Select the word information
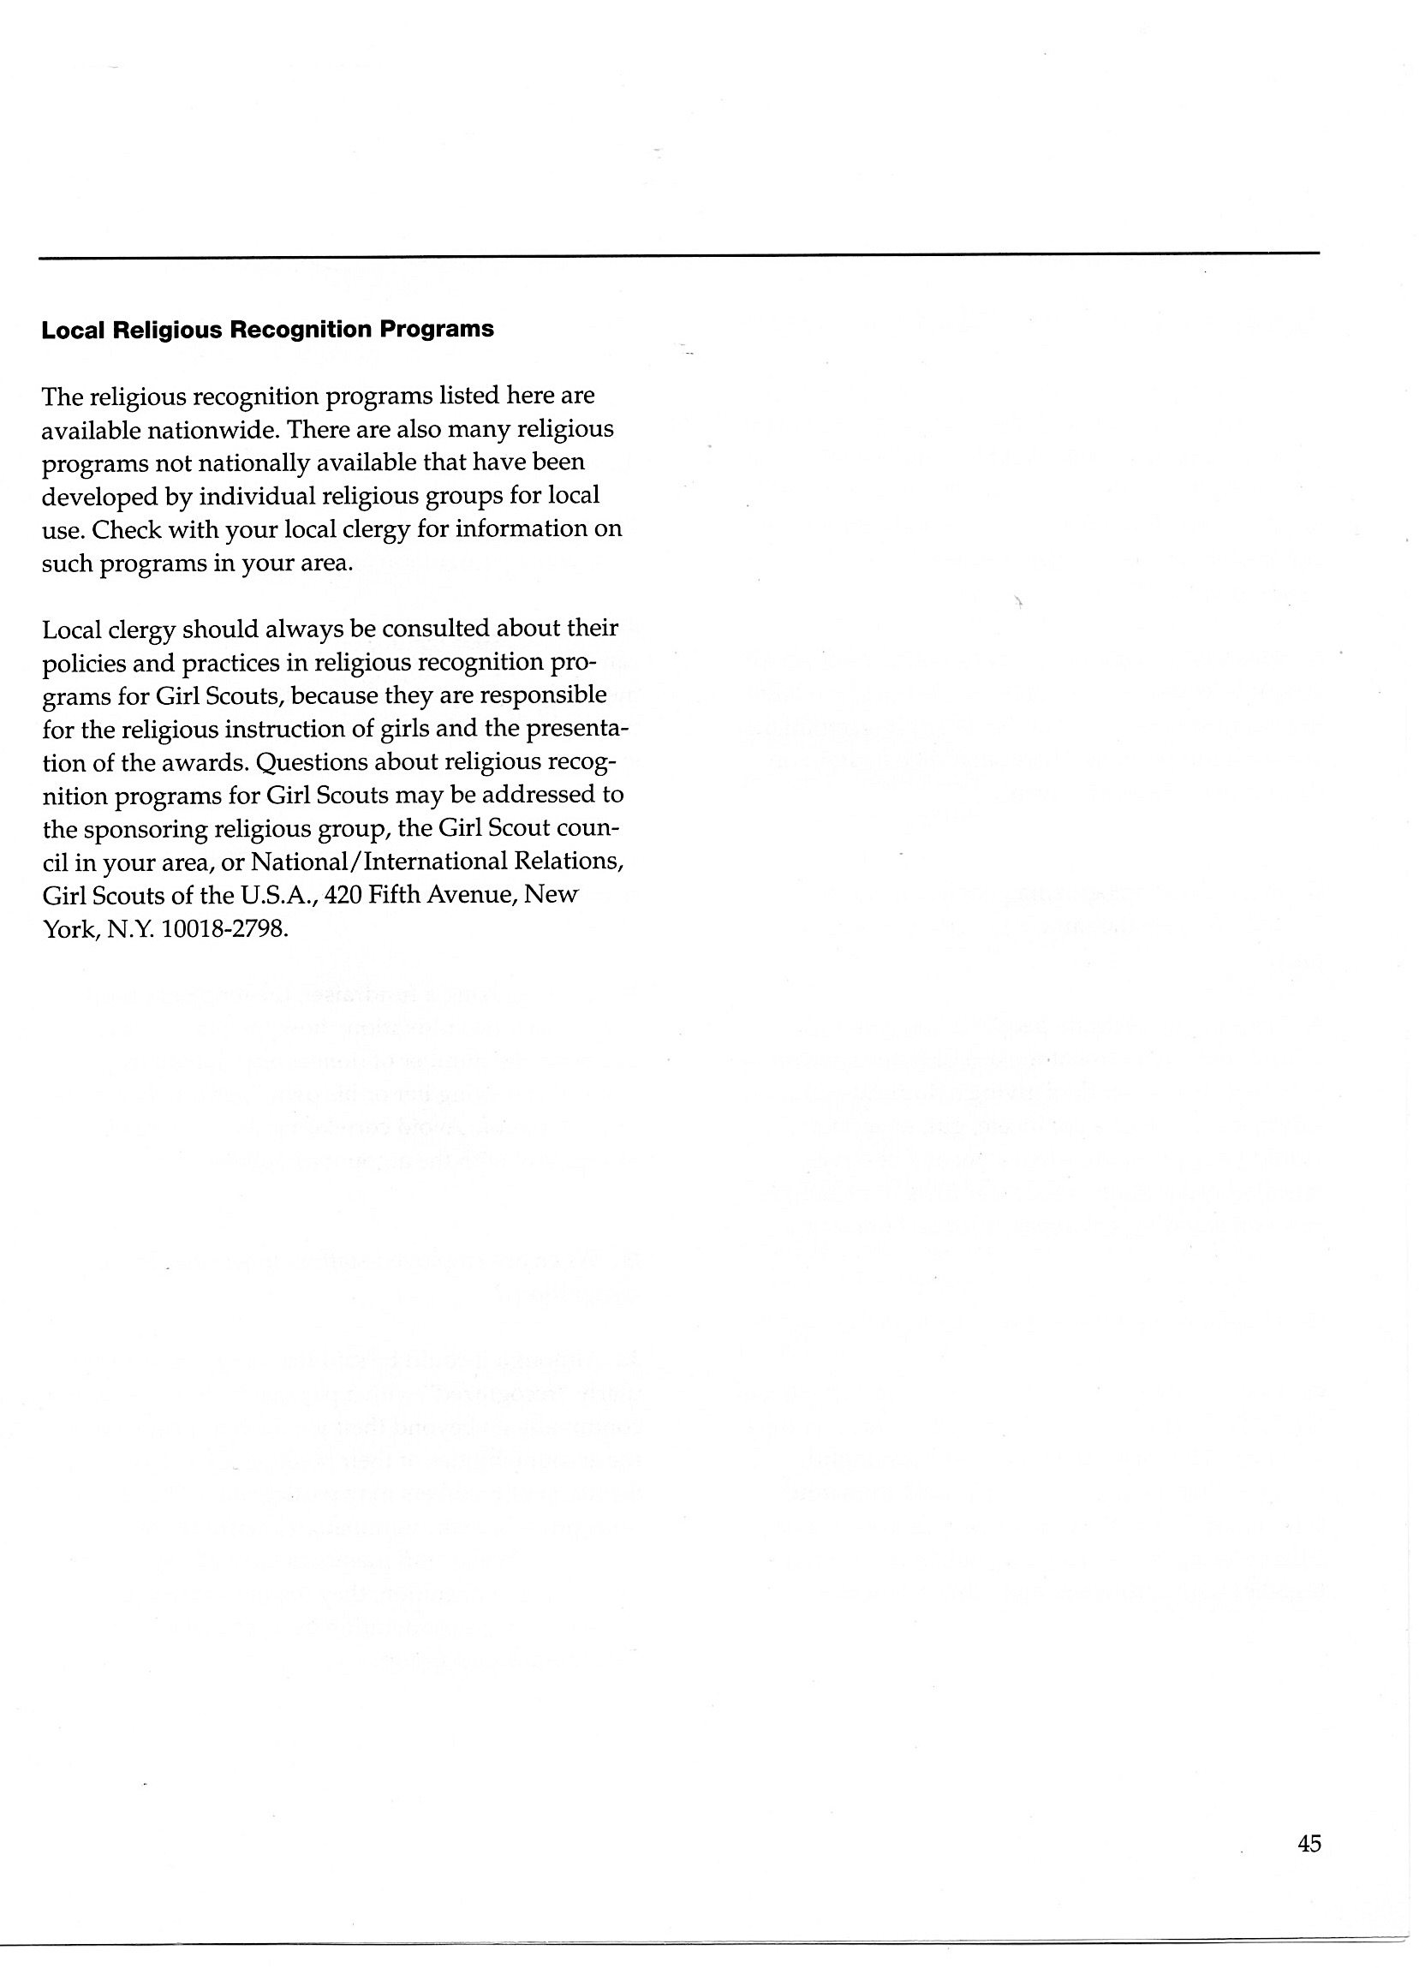tap(519, 529)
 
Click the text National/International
tap(385, 862)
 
